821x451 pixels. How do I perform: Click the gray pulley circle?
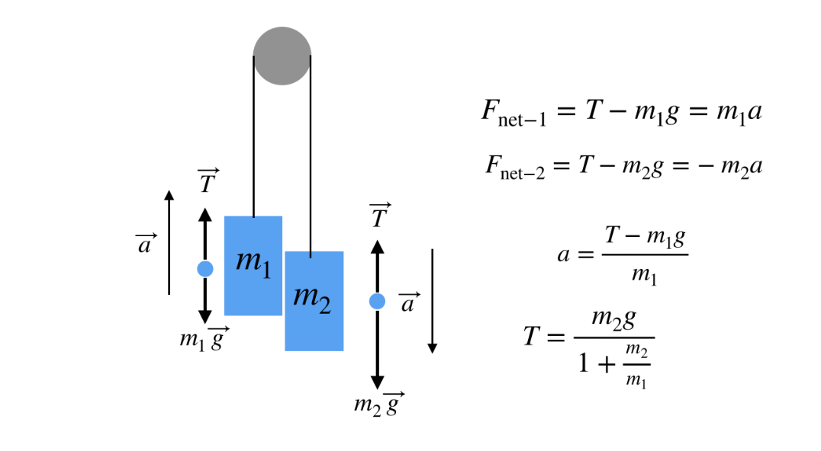click(282, 56)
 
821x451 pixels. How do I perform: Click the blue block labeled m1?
click(253, 265)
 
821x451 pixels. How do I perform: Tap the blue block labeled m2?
click(314, 300)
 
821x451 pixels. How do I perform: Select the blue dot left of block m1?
click(204, 268)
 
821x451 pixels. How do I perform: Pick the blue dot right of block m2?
click(377, 302)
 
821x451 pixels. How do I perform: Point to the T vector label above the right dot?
click(380, 216)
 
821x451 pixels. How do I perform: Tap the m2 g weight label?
click(378, 402)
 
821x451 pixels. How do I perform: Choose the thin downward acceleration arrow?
click(432, 301)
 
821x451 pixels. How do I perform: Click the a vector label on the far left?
click(145, 245)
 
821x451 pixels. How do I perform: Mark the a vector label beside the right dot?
click(410, 303)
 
